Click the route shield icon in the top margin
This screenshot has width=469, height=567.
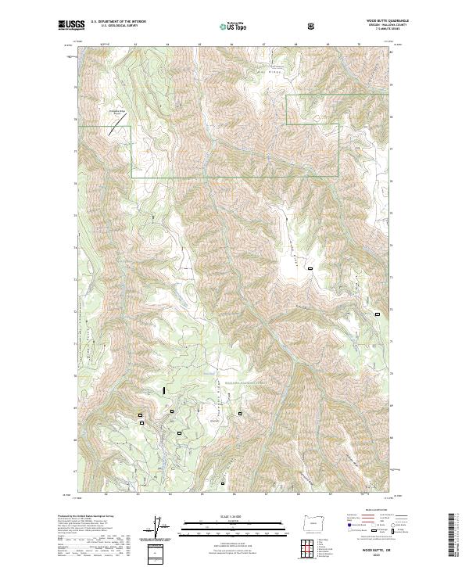pyautogui.click(x=313, y=25)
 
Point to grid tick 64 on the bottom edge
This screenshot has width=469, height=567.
pyautogui.click(x=170, y=494)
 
